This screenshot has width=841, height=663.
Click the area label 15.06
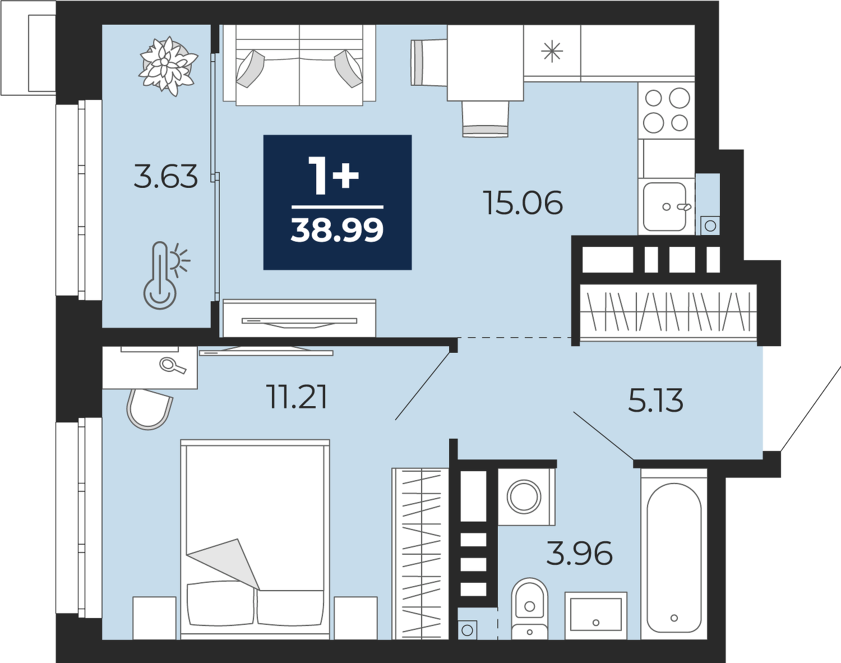pyautogui.click(x=523, y=202)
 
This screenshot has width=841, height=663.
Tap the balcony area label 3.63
pyautogui.click(x=166, y=177)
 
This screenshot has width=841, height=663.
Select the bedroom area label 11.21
pyautogui.click(x=298, y=397)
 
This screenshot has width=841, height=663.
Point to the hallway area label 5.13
pyautogui.click(x=656, y=400)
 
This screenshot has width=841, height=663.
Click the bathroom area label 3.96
pyautogui.click(x=579, y=553)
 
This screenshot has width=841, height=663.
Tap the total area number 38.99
pyautogui.click(x=338, y=230)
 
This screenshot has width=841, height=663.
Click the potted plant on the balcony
pyautogui.click(x=168, y=66)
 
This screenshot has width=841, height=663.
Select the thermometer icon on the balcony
pyautogui.click(x=166, y=275)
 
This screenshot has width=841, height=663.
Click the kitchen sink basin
pyautogui.click(x=665, y=207)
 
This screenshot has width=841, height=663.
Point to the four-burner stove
pyautogui.click(x=666, y=110)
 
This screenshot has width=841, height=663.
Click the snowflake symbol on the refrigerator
pyautogui.click(x=552, y=53)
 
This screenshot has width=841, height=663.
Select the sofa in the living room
pyautogui.click(x=299, y=65)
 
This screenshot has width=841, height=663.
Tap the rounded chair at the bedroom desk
pyautogui.click(x=149, y=409)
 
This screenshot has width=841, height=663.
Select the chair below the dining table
pyautogui.click(x=485, y=119)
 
